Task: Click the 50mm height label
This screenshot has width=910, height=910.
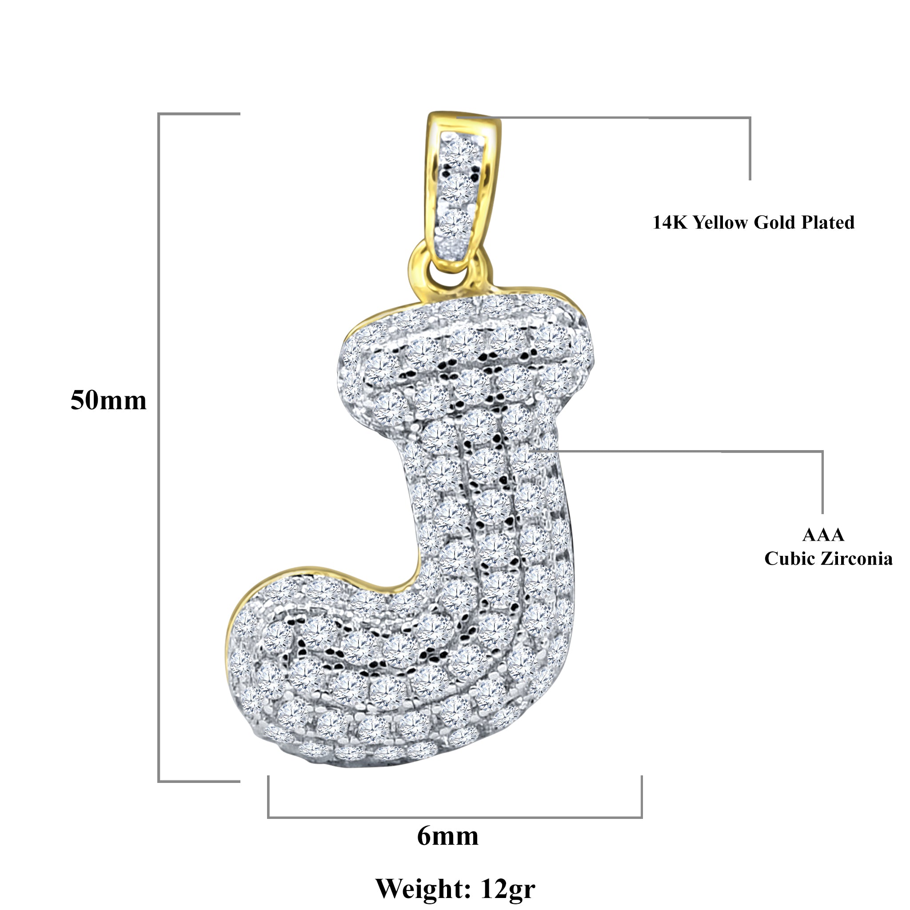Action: (108, 401)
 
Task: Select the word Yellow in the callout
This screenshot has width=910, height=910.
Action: (721, 222)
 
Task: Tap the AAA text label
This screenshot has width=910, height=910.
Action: (823, 535)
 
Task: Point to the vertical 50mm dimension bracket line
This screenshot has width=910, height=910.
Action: (159, 447)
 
